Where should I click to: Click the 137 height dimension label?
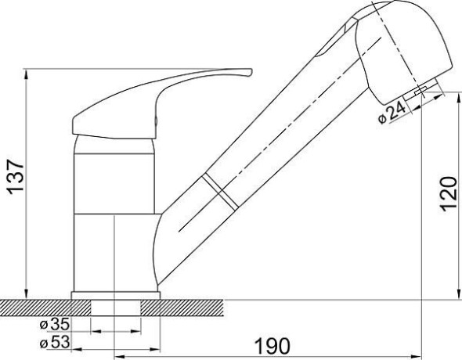pos(16,177)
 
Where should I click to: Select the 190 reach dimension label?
pos(272,346)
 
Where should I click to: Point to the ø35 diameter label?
pos(55,324)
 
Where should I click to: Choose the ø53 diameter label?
pos(55,342)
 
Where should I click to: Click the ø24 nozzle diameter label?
pos(392,113)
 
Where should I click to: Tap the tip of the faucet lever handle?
pos(251,72)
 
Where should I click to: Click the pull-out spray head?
pos(403,50)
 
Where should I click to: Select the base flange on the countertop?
pos(116,295)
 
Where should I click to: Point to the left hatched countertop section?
pos(45,308)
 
